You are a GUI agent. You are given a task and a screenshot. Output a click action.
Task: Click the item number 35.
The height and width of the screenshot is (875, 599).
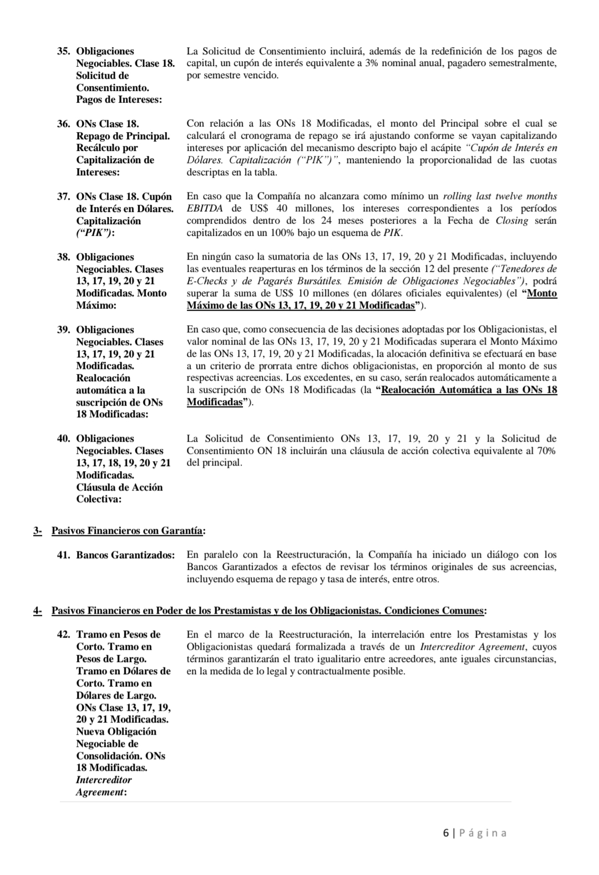click(x=63, y=52)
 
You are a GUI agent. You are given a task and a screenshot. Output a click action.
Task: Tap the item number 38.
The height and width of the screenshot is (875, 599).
click(x=63, y=257)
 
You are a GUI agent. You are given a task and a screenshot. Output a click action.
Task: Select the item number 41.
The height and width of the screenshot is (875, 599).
click(x=63, y=555)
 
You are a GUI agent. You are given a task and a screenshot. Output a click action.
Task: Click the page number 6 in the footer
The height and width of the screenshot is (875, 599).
click(x=446, y=833)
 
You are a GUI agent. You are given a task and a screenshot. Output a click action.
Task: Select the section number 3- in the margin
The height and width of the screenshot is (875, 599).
click(x=38, y=531)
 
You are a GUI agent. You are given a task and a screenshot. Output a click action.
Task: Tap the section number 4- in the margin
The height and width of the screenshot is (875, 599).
click(x=38, y=611)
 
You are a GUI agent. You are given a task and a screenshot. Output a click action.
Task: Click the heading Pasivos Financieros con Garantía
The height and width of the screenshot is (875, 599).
click(x=127, y=531)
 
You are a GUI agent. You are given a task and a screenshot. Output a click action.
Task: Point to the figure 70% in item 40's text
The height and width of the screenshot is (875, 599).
click(x=546, y=451)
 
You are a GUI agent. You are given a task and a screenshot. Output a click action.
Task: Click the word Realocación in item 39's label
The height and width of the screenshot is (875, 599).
click(x=103, y=378)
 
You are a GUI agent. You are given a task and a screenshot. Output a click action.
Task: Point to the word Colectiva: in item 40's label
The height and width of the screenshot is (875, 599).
click(x=99, y=499)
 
